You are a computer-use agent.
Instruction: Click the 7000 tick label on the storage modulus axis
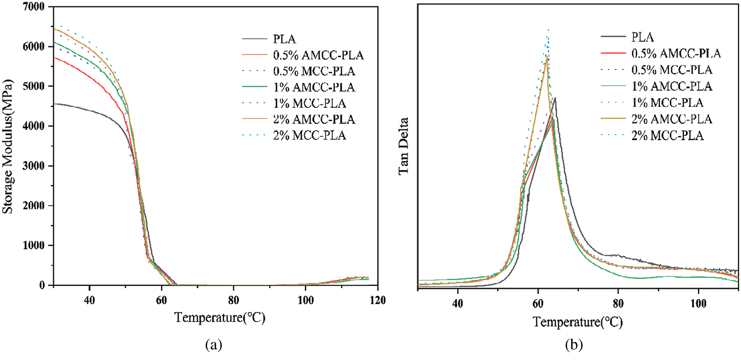tap(34, 7)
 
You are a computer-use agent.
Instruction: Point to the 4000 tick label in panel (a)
tap(34, 126)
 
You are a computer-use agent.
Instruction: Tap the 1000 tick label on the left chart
tap(34, 245)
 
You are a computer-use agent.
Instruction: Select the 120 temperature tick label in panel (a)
tap(377, 301)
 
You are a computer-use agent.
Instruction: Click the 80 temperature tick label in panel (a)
tap(233, 301)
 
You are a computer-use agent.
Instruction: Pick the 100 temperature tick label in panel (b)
tap(698, 304)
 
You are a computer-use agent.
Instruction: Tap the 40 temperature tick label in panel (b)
tap(457, 304)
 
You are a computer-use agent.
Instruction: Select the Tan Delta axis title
tap(403, 146)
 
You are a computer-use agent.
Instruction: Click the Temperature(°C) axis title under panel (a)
tap(220, 317)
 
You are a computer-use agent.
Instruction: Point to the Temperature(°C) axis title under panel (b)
tap(578, 322)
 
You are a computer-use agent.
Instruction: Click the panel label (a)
tap(214, 345)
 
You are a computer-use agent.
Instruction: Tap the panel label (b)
tap(574, 345)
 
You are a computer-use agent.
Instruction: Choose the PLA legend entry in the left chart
tap(285, 39)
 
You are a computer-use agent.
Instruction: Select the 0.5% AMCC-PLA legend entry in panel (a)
tap(318, 55)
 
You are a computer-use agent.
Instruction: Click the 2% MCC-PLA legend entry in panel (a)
tap(309, 135)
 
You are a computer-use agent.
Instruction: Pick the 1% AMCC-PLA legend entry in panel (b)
tap(672, 86)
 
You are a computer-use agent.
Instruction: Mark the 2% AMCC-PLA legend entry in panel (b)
tap(672, 119)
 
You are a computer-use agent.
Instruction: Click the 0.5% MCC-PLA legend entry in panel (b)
tap(672, 70)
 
